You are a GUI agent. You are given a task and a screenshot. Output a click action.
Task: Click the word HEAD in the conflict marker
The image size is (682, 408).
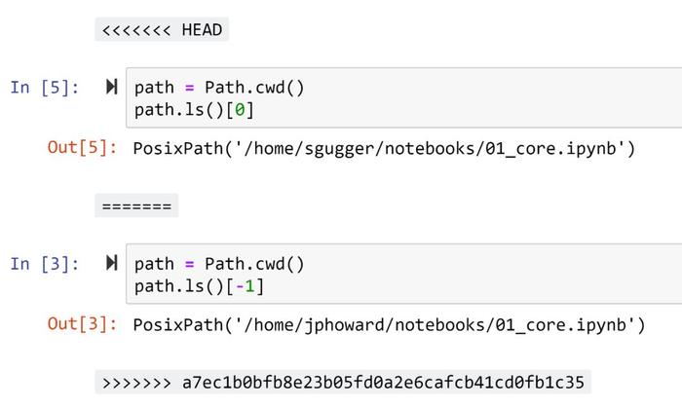click(x=202, y=30)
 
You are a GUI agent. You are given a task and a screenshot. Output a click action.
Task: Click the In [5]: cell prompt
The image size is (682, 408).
click(x=45, y=88)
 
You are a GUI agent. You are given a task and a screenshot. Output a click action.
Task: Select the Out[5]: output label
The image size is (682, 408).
click(x=82, y=148)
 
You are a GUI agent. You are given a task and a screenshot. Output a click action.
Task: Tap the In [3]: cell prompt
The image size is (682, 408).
click(x=45, y=264)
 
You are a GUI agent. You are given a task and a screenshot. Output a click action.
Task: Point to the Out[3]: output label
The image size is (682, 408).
click(x=82, y=324)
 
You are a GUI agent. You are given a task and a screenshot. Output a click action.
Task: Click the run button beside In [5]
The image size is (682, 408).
click(x=112, y=87)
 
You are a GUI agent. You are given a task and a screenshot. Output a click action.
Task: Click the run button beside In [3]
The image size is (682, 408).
click(x=112, y=263)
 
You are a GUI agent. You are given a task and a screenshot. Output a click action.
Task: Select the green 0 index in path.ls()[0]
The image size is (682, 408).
click(x=240, y=110)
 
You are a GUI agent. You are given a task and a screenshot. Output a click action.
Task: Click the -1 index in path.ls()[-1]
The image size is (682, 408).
click(x=245, y=286)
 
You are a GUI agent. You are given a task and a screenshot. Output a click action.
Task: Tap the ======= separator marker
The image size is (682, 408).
click(x=136, y=206)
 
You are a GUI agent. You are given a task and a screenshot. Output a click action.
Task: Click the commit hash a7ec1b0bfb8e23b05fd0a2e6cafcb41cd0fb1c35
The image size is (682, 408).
click(x=383, y=383)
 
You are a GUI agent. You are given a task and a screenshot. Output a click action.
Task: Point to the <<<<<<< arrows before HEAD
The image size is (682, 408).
click(x=136, y=30)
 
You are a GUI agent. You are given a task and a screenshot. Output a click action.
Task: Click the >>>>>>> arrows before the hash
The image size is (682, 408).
click(x=136, y=383)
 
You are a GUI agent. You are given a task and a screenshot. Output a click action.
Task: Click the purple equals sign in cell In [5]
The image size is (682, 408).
click(x=189, y=88)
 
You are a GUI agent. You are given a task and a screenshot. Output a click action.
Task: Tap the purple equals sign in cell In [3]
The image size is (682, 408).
click(x=189, y=264)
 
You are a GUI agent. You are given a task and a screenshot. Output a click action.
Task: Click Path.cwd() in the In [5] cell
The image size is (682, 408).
click(x=254, y=88)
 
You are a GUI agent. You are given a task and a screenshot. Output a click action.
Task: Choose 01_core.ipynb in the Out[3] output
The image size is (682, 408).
click(x=560, y=325)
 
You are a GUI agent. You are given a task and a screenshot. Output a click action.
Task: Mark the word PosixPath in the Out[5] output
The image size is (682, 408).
click(x=178, y=148)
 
